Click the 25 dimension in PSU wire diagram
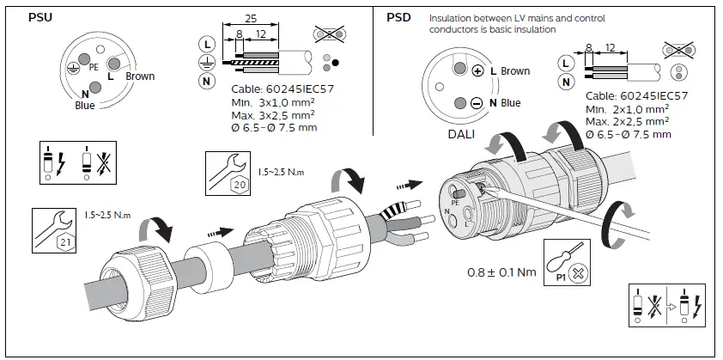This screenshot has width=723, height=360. pyautogui.click(x=250, y=18)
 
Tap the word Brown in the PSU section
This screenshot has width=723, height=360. pyautogui.click(x=140, y=76)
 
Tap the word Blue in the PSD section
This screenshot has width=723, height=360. pyautogui.click(x=510, y=103)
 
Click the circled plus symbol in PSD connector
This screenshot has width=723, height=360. pyautogui.click(x=477, y=71)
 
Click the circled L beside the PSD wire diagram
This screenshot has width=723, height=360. pyautogui.click(x=564, y=63)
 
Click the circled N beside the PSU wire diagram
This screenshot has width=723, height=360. pyautogui.click(x=205, y=82)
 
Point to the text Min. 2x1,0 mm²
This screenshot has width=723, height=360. pyautogui.click(x=628, y=109)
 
